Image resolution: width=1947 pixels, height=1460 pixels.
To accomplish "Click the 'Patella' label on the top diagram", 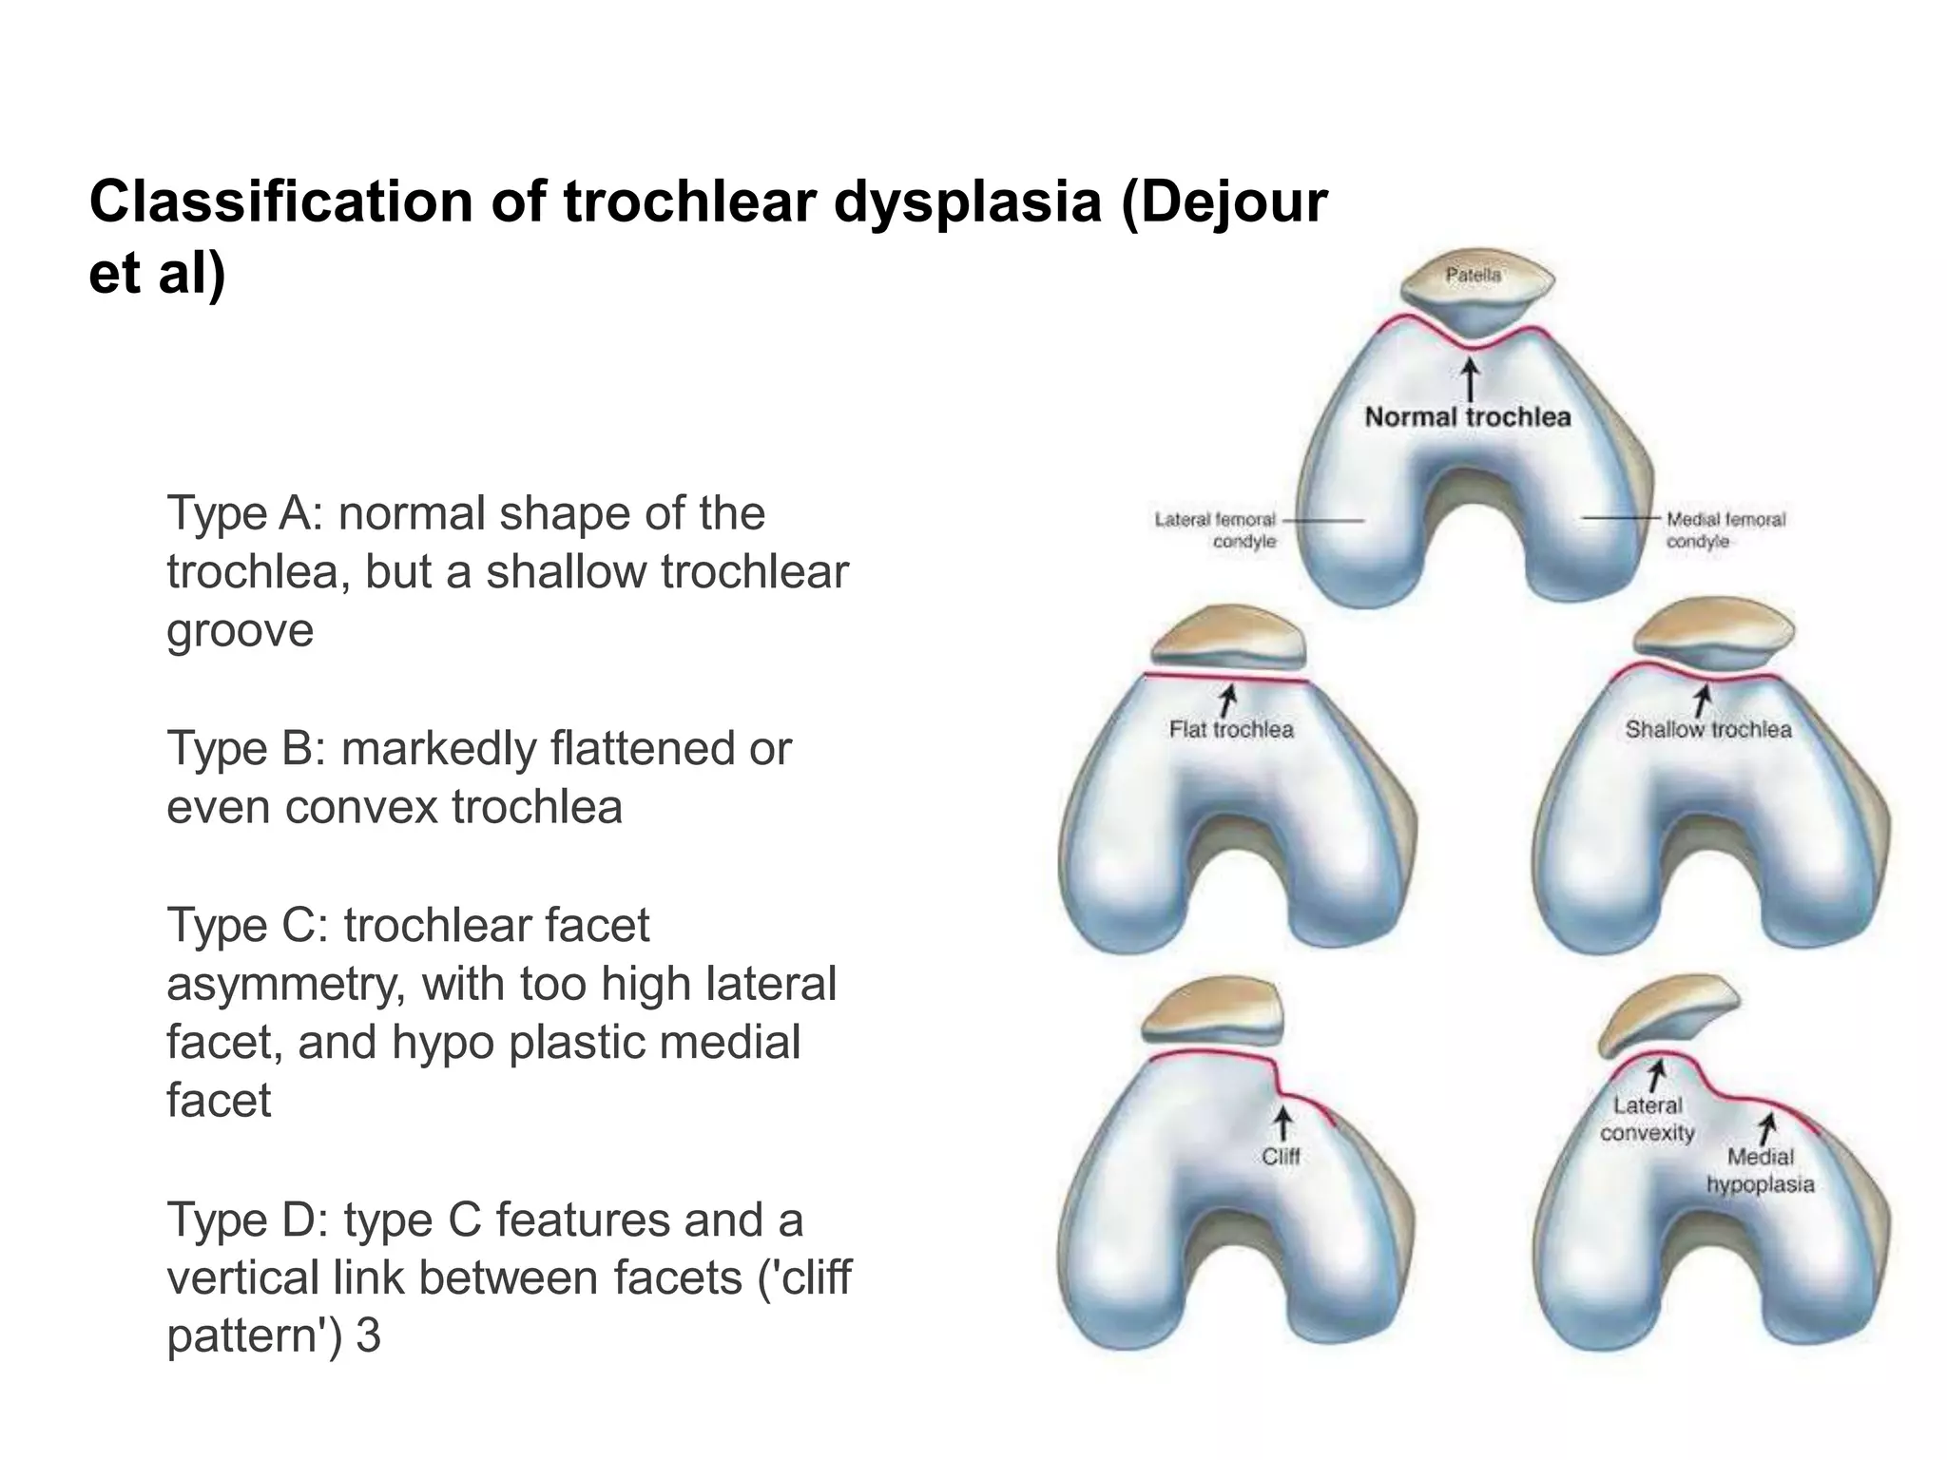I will point(1473,276).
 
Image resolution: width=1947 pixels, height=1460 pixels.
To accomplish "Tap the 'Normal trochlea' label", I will point(1468,417).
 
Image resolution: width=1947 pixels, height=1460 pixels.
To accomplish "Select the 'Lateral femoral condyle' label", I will point(1215,530).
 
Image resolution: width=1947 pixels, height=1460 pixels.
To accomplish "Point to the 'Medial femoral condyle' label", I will point(1725,530).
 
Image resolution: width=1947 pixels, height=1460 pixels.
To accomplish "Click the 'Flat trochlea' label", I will point(1231,730).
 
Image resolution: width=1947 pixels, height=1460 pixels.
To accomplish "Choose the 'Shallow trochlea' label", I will point(1708,730).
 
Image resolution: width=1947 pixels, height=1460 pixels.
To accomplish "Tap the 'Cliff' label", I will point(1281,1157).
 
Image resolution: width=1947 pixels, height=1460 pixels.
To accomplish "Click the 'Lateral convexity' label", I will point(1648,1120).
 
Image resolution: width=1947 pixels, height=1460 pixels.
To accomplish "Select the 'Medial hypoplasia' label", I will point(1760,1171).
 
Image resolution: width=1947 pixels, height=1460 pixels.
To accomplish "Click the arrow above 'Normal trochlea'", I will point(1471,379).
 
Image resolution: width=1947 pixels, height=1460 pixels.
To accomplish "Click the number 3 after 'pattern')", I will point(368,1336).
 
